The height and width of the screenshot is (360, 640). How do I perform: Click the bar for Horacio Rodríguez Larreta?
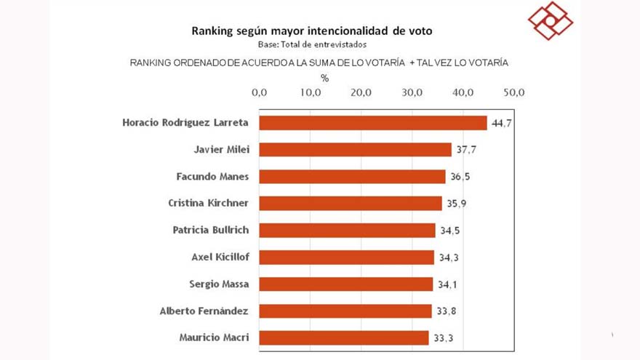click(x=373, y=123)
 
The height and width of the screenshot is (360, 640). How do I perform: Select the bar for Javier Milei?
click(x=356, y=150)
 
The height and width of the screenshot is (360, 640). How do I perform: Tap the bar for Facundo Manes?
click(x=353, y=177)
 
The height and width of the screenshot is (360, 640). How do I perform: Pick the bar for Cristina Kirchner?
click(x=351, y=204)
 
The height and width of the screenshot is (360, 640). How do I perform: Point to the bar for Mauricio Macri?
click(x=344, y=337)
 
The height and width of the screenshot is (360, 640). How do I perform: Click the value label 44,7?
click(x=502, y=124)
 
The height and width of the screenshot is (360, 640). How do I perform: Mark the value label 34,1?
click(x=447, y=284)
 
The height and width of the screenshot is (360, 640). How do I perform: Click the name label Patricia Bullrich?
click(x=211, y=230)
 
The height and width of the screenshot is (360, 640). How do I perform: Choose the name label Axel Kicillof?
click(x=220, y=257)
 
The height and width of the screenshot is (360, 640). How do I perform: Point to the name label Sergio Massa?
click(x=219, y=284)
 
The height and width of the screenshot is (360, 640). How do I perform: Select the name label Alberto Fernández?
click(x=204, y=311)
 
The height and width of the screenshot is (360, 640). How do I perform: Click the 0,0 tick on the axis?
click(x=260, y=92)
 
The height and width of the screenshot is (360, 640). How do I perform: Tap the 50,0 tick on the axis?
click(x=513, y=92)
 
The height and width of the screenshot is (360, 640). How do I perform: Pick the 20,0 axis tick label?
click(x=361, y=92)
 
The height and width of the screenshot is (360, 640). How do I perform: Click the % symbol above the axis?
click(x=324, y=77)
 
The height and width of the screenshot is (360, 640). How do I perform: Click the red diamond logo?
click(x=551, y=20)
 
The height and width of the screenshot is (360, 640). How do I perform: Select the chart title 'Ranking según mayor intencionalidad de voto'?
click(x=312, y=31)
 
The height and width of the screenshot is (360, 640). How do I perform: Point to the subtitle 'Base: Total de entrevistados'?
click(x=312, y=44)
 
